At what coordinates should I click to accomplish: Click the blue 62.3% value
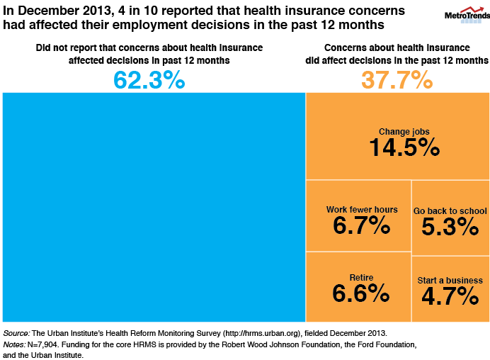(x=149, y=80)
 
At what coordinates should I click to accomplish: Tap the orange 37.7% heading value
(x=397, y=80)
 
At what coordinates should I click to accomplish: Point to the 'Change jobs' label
(x=404, y=131)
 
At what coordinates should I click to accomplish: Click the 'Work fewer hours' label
(x=362, y=210)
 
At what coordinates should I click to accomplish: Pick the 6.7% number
(x=361, y=226)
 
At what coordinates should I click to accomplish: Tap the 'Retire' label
(x=362, y=277)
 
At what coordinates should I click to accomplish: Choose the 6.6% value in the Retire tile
(x=361, y=293)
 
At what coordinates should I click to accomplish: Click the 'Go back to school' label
(x=450, y=211)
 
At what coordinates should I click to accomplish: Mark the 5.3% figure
(x=450, y=227)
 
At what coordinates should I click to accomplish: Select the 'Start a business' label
(x=450, y=281)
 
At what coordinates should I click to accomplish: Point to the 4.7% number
(x=450, y=296)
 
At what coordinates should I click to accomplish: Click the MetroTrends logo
(x=464, y=14)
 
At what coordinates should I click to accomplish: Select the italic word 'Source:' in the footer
(x=16, y=332)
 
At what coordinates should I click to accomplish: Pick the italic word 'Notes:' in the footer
(x=15, y=344)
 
